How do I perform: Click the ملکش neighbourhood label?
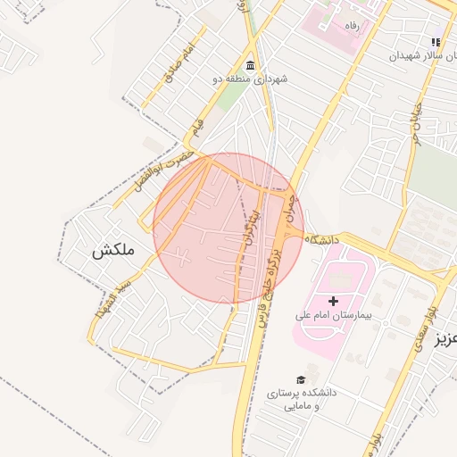pos(112,251)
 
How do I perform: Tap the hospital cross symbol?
pos(334,302)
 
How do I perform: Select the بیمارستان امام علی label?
pos(333,316)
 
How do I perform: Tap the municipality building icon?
pos(249,67)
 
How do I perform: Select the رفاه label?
pos(353,27)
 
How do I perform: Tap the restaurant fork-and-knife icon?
pos(436,42)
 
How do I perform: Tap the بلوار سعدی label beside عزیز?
pos(420,327)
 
